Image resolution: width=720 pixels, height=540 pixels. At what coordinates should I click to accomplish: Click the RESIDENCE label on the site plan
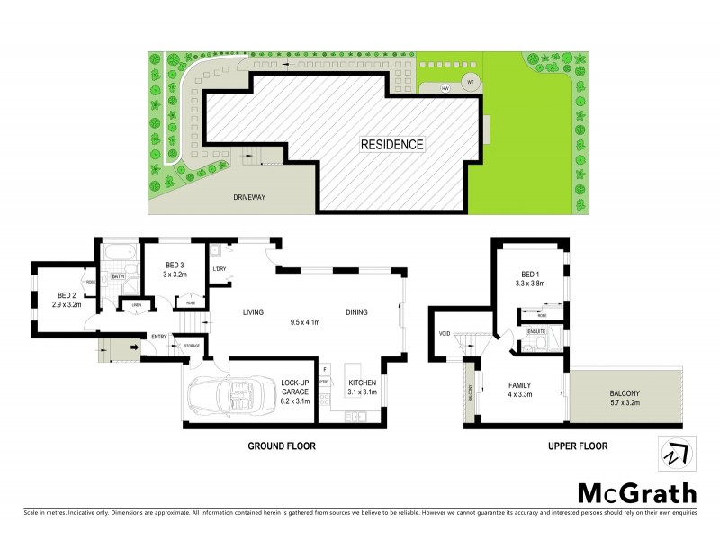click(x=391, y=144)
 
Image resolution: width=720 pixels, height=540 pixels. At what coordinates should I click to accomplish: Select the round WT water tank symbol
click(x=469, y=82)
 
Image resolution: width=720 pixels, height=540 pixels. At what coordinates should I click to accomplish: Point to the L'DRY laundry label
click(x=219, y=269)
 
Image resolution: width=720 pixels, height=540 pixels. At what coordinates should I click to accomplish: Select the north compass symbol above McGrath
click(x=676, y=454)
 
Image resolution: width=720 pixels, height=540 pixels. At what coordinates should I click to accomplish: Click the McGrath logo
click(x=635, y=493)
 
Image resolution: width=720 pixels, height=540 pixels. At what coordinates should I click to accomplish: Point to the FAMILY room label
click(x=521, y=387)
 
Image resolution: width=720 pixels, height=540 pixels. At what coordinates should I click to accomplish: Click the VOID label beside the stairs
click(x=444, y=333)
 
